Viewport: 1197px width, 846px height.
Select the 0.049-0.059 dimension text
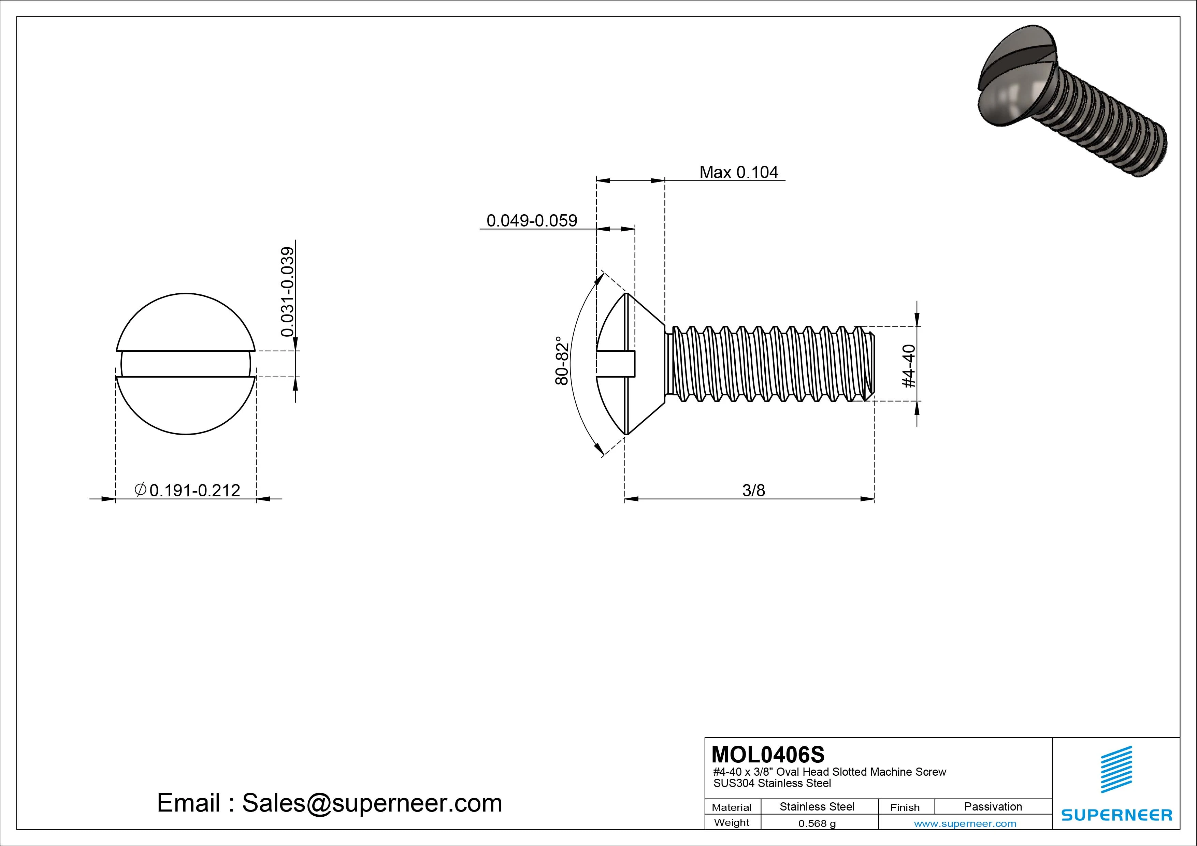click(531, 220)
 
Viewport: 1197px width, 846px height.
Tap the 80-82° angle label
click(562, 361)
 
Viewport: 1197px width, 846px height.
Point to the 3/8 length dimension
click(753, 491)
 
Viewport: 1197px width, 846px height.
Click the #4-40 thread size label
click(909, 366)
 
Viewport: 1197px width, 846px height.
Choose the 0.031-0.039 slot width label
click(287, 292)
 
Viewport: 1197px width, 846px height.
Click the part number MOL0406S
click(768, 754)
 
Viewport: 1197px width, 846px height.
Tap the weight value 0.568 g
click(817, 823)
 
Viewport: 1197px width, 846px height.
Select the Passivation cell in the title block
click(993, 806)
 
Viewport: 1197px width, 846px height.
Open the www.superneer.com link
click(965, 823)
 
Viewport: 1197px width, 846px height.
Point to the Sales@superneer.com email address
click(372, 803)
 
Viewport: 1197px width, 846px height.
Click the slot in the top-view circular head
click(186, 364)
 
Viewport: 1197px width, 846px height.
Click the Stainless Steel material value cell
click(817, 806)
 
